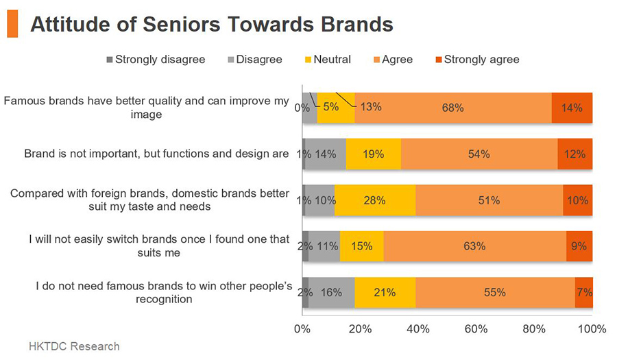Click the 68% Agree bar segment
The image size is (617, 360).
click(453, 108)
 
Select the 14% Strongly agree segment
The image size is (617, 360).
click(572, 108)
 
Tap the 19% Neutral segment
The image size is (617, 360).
click(374, 154)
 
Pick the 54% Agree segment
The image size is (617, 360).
click(479, 154)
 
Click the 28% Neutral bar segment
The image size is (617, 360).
click(375, 200)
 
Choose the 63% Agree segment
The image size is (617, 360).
click(475, 246)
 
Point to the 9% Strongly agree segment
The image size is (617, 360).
click(579, 246)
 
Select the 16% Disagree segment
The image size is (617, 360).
click(331, 292)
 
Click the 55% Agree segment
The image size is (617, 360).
click(495, 292)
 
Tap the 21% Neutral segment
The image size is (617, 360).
click(385, 292)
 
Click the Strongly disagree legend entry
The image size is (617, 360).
click(156, 60)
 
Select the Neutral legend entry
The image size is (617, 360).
click(328, 60)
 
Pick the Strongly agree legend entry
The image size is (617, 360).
click(477, 60)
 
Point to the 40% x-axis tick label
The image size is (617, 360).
click(418, 328)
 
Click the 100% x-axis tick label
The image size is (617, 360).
click(592, 328)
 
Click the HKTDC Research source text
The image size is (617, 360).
click(74, 346)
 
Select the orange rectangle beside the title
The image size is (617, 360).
click(12, 23)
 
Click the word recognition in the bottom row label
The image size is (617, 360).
click(164, 299)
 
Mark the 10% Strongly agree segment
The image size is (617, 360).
click(578, 200)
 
